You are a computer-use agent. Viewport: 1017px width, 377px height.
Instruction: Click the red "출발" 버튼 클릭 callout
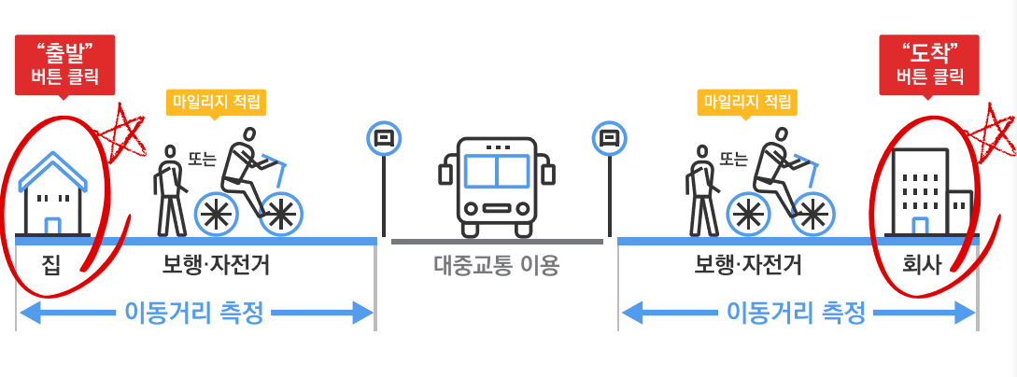pos(65,63)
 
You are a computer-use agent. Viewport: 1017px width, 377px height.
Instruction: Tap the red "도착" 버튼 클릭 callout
pos(928,63)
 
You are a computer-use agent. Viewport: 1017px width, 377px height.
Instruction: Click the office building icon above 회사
pos(930,191)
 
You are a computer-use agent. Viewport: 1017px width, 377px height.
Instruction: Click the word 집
pos(52,266)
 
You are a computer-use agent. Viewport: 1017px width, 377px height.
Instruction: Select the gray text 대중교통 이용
pos(496,267)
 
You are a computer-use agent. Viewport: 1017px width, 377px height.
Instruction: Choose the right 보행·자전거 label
pos(748,266)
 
